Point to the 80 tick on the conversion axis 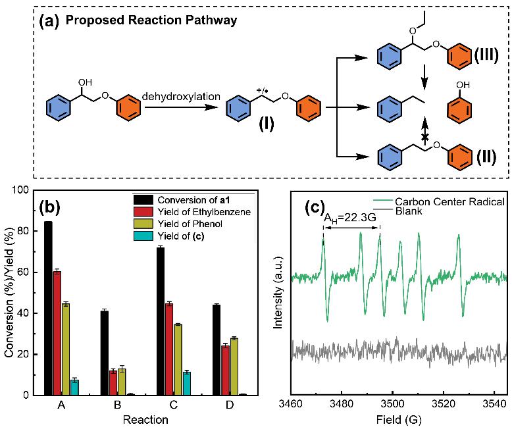26,231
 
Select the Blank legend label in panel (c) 409,213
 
